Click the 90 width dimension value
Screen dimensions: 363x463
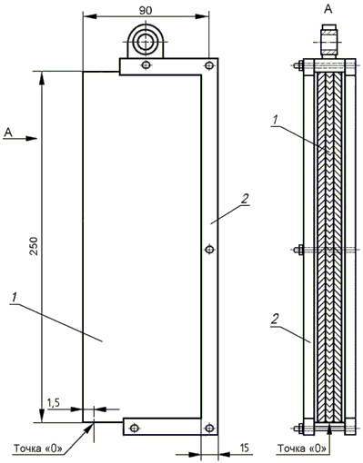click(146, 10)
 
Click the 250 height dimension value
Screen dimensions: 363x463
click(35, 246)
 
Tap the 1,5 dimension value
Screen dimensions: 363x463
click(54, 403)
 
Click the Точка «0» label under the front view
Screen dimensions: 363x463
click(38, 448)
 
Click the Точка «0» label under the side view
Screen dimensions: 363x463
click(302, 448)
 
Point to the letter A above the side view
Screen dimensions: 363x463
click(328, 9)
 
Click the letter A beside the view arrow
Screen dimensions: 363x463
click(8, 132)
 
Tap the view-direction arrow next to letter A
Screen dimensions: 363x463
click(20, 139)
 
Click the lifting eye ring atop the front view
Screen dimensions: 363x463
click(146, 42)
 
